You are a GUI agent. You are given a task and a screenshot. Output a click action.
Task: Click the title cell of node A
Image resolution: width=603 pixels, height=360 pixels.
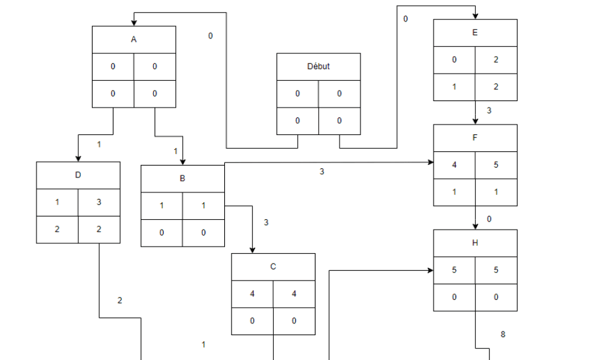pos(134,40)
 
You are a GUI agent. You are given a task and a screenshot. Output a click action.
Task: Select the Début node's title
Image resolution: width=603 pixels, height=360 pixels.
pos(318,67)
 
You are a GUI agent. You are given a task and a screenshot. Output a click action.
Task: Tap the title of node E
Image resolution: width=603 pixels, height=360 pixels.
pos(475,33)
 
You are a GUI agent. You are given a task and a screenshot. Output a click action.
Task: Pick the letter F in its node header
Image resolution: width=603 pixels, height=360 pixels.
pos(475,138)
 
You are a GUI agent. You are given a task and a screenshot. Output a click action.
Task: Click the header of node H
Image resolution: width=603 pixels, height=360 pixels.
pos(475,243)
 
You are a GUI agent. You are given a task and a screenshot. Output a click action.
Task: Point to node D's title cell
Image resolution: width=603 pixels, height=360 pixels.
pos(78,175)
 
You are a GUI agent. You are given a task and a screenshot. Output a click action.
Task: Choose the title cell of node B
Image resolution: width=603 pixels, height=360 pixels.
pos(183,179)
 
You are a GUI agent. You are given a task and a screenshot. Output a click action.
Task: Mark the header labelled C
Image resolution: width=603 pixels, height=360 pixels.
pos(273,267)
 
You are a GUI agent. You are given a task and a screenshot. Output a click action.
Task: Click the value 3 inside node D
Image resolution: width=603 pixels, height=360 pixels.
pos(99,202)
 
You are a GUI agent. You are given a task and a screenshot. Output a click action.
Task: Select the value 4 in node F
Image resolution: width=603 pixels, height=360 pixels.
pos(454,165)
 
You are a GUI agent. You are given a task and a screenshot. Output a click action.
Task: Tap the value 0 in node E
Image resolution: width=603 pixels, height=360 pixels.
pos(454,60)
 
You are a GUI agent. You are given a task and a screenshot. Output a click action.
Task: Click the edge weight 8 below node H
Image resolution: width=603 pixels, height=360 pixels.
pos(503,335)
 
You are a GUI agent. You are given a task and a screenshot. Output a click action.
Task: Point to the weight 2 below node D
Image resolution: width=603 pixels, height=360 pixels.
pos(119,301)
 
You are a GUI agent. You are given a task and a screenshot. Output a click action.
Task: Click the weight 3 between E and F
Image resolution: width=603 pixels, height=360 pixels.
pos(489,111)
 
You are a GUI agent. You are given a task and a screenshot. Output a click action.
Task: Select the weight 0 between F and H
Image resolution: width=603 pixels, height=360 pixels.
pos(489,219)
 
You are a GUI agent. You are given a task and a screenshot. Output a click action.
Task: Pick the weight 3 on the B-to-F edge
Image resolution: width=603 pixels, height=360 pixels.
pos(321,172)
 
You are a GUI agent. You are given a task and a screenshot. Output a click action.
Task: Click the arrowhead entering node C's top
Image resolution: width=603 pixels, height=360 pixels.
pos(252,250)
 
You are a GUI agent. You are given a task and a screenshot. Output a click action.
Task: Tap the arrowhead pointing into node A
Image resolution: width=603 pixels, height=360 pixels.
pos(134,23)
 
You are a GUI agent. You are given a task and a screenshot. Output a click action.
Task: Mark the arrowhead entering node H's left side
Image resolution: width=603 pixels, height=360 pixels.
pos(430,270)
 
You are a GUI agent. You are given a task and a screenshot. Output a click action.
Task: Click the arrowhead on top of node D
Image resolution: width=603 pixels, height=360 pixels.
pos(78,158)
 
